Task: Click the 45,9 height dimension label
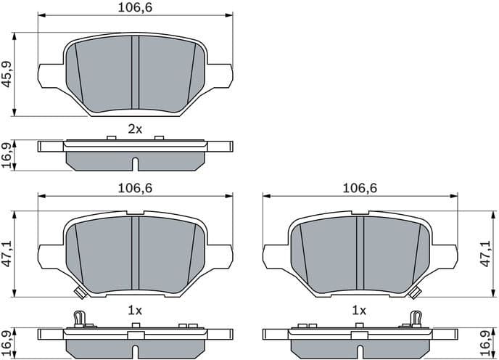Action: pos(7,73)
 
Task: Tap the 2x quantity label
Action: pos(134,129)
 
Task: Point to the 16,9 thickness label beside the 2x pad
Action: pos(7,155)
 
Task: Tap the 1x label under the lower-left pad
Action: pos(134,309)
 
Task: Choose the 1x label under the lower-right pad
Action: pos(359,309)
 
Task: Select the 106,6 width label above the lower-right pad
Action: pos(360,187)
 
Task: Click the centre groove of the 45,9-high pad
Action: pos(134,73)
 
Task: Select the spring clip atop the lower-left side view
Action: pos(80,318)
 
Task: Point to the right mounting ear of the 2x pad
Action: pos(220,75)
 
